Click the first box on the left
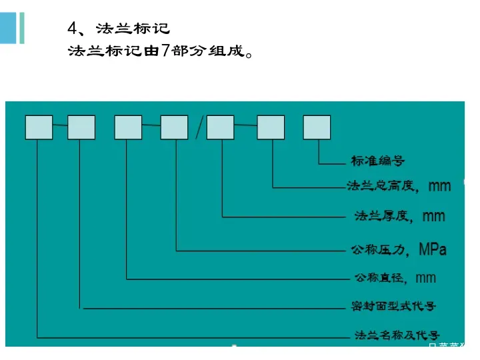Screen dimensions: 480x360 click(39, 127)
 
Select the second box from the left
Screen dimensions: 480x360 click(81, 127)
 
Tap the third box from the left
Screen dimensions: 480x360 click(128, 127)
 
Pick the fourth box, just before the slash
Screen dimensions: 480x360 click(174, 127)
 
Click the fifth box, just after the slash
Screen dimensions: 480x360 click(220, 127)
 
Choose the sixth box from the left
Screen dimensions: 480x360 click(271, 127)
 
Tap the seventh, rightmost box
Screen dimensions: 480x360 click(317, 127)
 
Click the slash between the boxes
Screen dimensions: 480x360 click(197, 127)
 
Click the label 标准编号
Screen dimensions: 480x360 click(377, 161)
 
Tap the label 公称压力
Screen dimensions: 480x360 click(378, 250)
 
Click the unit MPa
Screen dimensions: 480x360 click(433, 250)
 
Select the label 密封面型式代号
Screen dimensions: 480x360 click(393, 307)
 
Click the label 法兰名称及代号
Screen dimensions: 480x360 click(396, 335)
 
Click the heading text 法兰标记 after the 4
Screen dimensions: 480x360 click(133, 29)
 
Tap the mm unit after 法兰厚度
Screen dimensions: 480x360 click(434, 216)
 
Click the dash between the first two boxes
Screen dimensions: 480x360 click(60, 125)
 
